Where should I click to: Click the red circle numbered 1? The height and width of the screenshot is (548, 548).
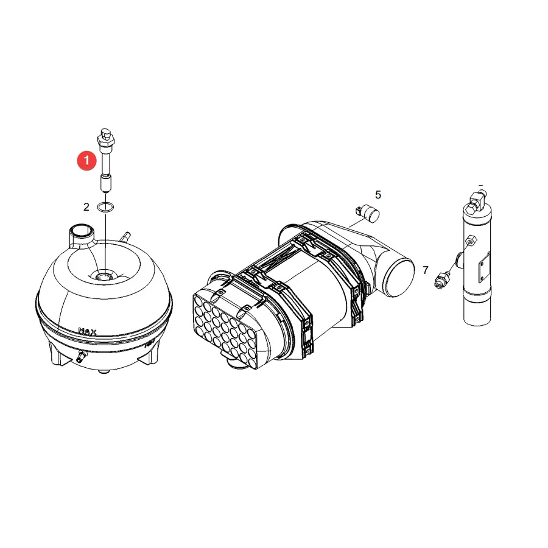click(86, 161)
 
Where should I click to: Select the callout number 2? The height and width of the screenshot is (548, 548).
click(86, 207)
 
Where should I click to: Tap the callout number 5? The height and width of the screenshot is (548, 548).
click(378, 195)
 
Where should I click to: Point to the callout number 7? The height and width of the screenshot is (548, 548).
click(426, 270)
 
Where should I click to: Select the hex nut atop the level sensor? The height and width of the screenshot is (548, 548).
click(105, 142)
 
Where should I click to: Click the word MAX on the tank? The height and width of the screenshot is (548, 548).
click(87, 331)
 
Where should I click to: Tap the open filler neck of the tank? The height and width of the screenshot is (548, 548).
click(82, 231)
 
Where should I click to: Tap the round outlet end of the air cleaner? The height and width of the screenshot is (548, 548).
click(399, 278)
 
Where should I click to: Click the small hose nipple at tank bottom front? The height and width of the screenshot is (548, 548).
click(82, 356)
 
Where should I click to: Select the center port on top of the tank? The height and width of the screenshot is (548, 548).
click(103, 276)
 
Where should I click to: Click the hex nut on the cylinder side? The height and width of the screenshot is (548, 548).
click(471, 241)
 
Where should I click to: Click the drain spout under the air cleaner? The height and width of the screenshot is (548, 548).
click(233, 363)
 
